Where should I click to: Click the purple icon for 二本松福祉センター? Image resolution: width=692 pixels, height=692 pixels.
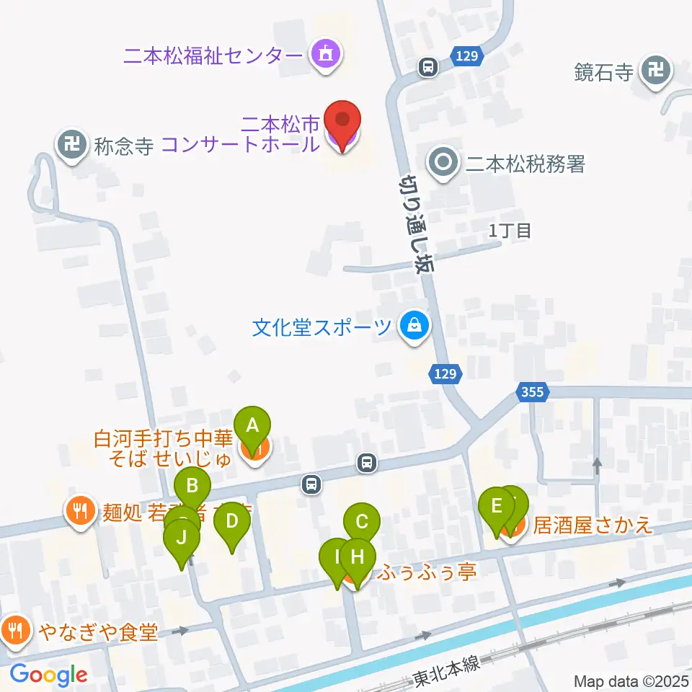326,54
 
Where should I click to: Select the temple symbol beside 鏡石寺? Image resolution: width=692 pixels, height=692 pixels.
656,71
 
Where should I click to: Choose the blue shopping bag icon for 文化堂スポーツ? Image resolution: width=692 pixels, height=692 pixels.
415,327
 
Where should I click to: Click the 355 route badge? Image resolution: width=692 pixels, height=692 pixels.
532,392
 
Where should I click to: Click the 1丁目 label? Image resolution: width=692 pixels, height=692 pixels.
510,231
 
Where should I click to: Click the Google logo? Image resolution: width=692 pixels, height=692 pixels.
49,675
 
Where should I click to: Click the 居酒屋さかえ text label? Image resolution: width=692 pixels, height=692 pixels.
593,525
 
